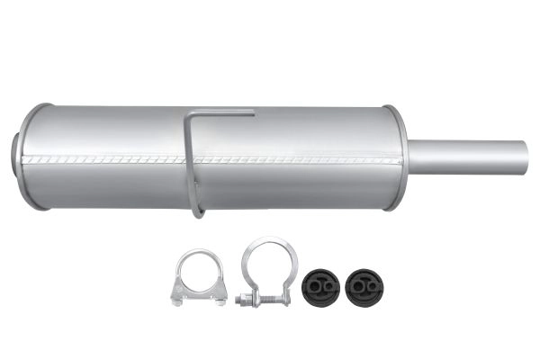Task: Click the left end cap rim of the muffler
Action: point(28,157)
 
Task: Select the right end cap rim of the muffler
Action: point(396,157)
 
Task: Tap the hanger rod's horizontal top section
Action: point(224,113)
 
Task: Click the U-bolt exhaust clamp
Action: point(198,278)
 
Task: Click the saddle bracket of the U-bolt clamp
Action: point(198,292)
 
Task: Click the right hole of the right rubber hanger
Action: point(369,285)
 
